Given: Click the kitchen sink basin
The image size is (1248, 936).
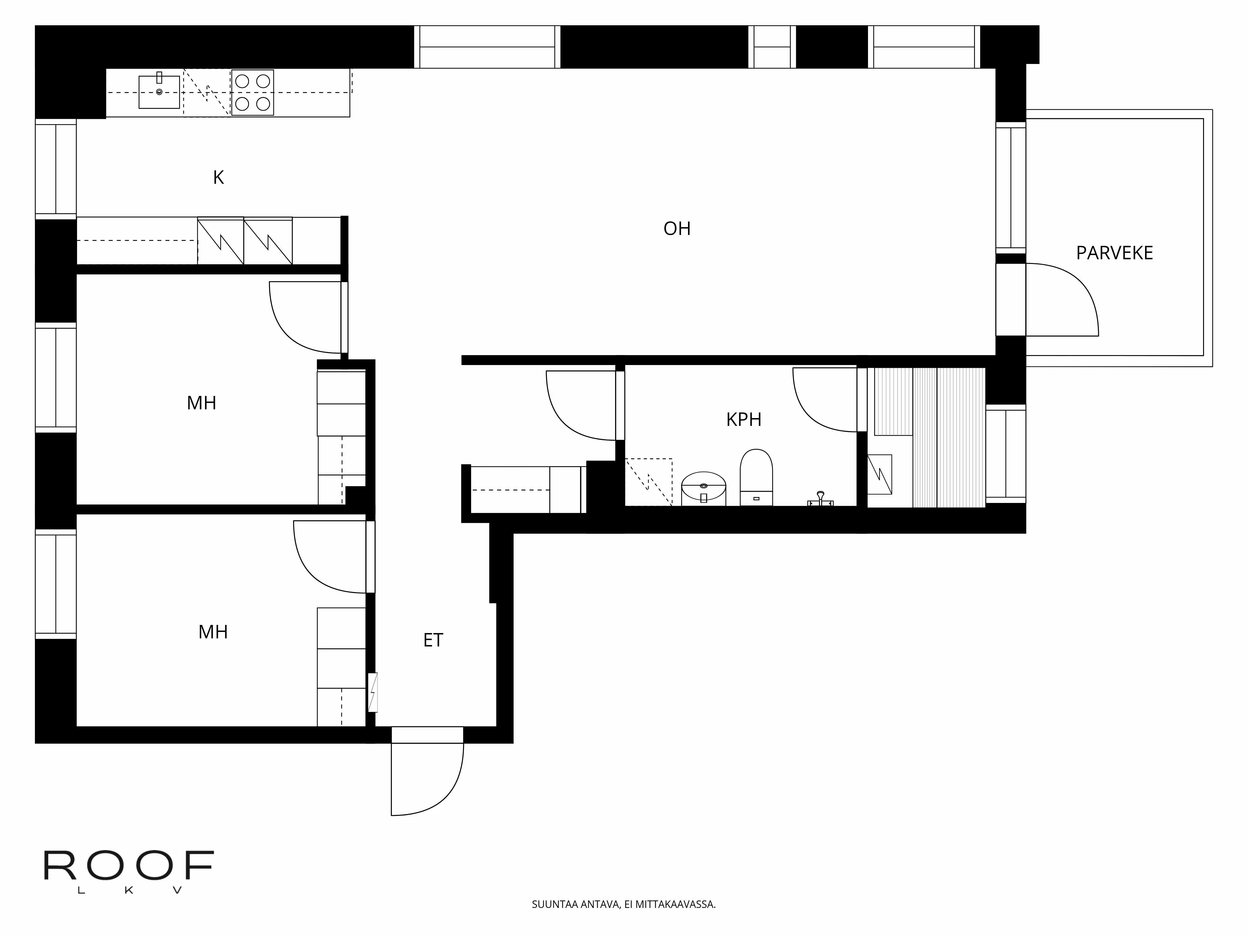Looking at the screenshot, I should tap(159, 92).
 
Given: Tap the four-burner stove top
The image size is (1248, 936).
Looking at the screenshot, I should tap(252, 93).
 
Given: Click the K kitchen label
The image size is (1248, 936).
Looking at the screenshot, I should tap(218, 178).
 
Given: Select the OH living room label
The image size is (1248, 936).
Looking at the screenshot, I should tap(676, 228).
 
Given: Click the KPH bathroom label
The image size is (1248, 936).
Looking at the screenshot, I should tap(743, 420).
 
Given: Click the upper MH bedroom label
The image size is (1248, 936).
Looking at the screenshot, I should tap(202, 403).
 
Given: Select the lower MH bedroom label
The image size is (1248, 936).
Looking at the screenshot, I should tap(213, 632).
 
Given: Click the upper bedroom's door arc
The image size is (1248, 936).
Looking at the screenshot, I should tap(293, 327).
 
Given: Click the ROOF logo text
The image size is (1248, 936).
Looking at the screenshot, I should tap(129, 866).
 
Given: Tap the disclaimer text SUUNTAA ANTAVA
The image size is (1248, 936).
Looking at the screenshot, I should tap(623, 904).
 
